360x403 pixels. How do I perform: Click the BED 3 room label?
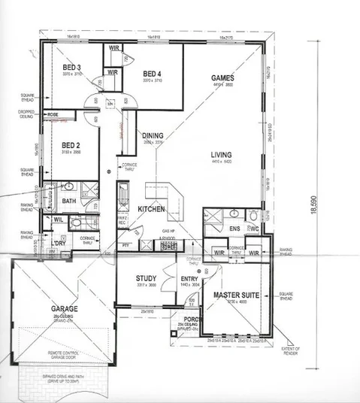pyautogui.click(x=71, y=68)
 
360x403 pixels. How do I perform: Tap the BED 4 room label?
pyautogui.click(x=153, y=73)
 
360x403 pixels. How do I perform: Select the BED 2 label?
pyautogui.click(x=71, y=144)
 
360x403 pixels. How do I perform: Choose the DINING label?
pyautogui.click(x=153, y=135)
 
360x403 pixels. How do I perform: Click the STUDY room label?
pyautogui.click(x=146, y=277)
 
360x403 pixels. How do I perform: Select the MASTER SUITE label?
pyautogui.click(x=236, y=295)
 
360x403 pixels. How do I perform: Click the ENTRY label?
pyautogui.click(x=189, y=278)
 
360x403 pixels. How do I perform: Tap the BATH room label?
pyautogui.click(x=69, y=201)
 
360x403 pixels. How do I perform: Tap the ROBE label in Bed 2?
pyautogui.click(x=53, y=115)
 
